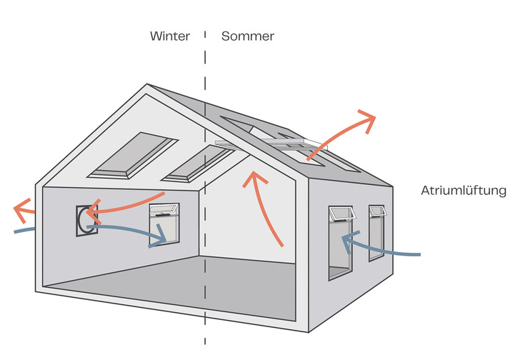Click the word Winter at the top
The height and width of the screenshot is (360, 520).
pyautogui.click(x=170, y=36)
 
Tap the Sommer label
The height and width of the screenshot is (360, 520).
pyautogui.click(x=248, y=36)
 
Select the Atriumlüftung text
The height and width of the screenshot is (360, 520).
pyautogui.click(x=464, y=191)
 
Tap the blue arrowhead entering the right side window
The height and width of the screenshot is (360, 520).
pyautogui.click(x=348, y=241)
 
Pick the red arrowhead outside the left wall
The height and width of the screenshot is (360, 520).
pyautogui.click(x=21, y=209)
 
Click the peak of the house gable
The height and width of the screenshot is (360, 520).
pyautogui.click(x=148, y=86)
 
